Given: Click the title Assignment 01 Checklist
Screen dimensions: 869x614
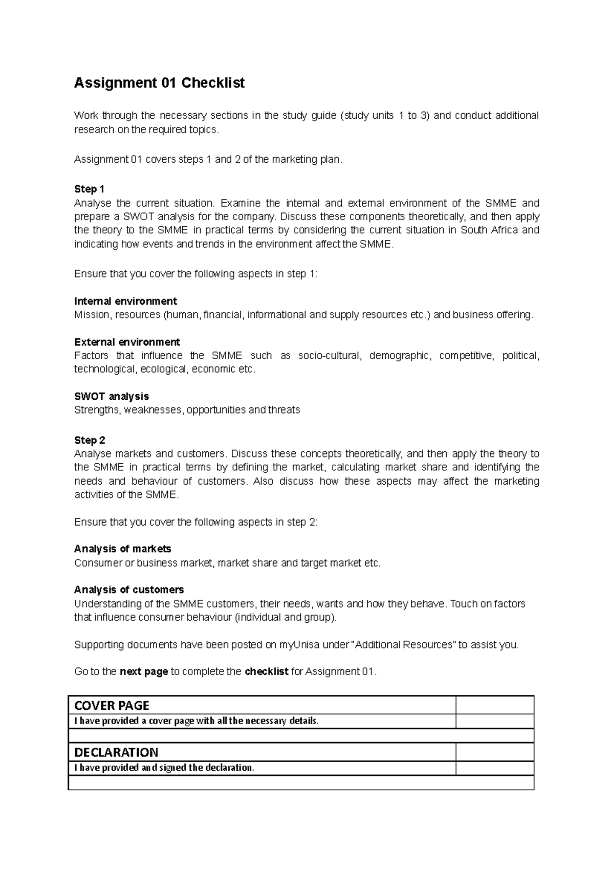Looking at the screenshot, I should click(159, 83).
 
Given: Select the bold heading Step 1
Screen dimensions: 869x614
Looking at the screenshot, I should click(89, 189).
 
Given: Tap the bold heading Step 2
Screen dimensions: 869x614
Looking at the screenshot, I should click(90, 440).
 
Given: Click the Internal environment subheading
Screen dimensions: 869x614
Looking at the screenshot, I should click(125, 301).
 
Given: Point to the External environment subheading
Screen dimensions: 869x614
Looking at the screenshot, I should click(127, 342).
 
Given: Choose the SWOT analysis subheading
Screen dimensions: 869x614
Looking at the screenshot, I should click(112, 396).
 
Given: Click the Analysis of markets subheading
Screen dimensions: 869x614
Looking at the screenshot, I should click(122, 549).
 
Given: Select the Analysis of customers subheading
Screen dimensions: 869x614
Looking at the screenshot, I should click(129, 590).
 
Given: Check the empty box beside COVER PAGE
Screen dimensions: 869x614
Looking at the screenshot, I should click(494, 706).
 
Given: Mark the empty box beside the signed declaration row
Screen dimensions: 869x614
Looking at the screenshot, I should click(494, 768).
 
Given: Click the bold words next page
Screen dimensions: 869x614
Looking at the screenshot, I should click(143, 671).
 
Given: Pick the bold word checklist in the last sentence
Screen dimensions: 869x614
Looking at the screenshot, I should click(267, 671).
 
